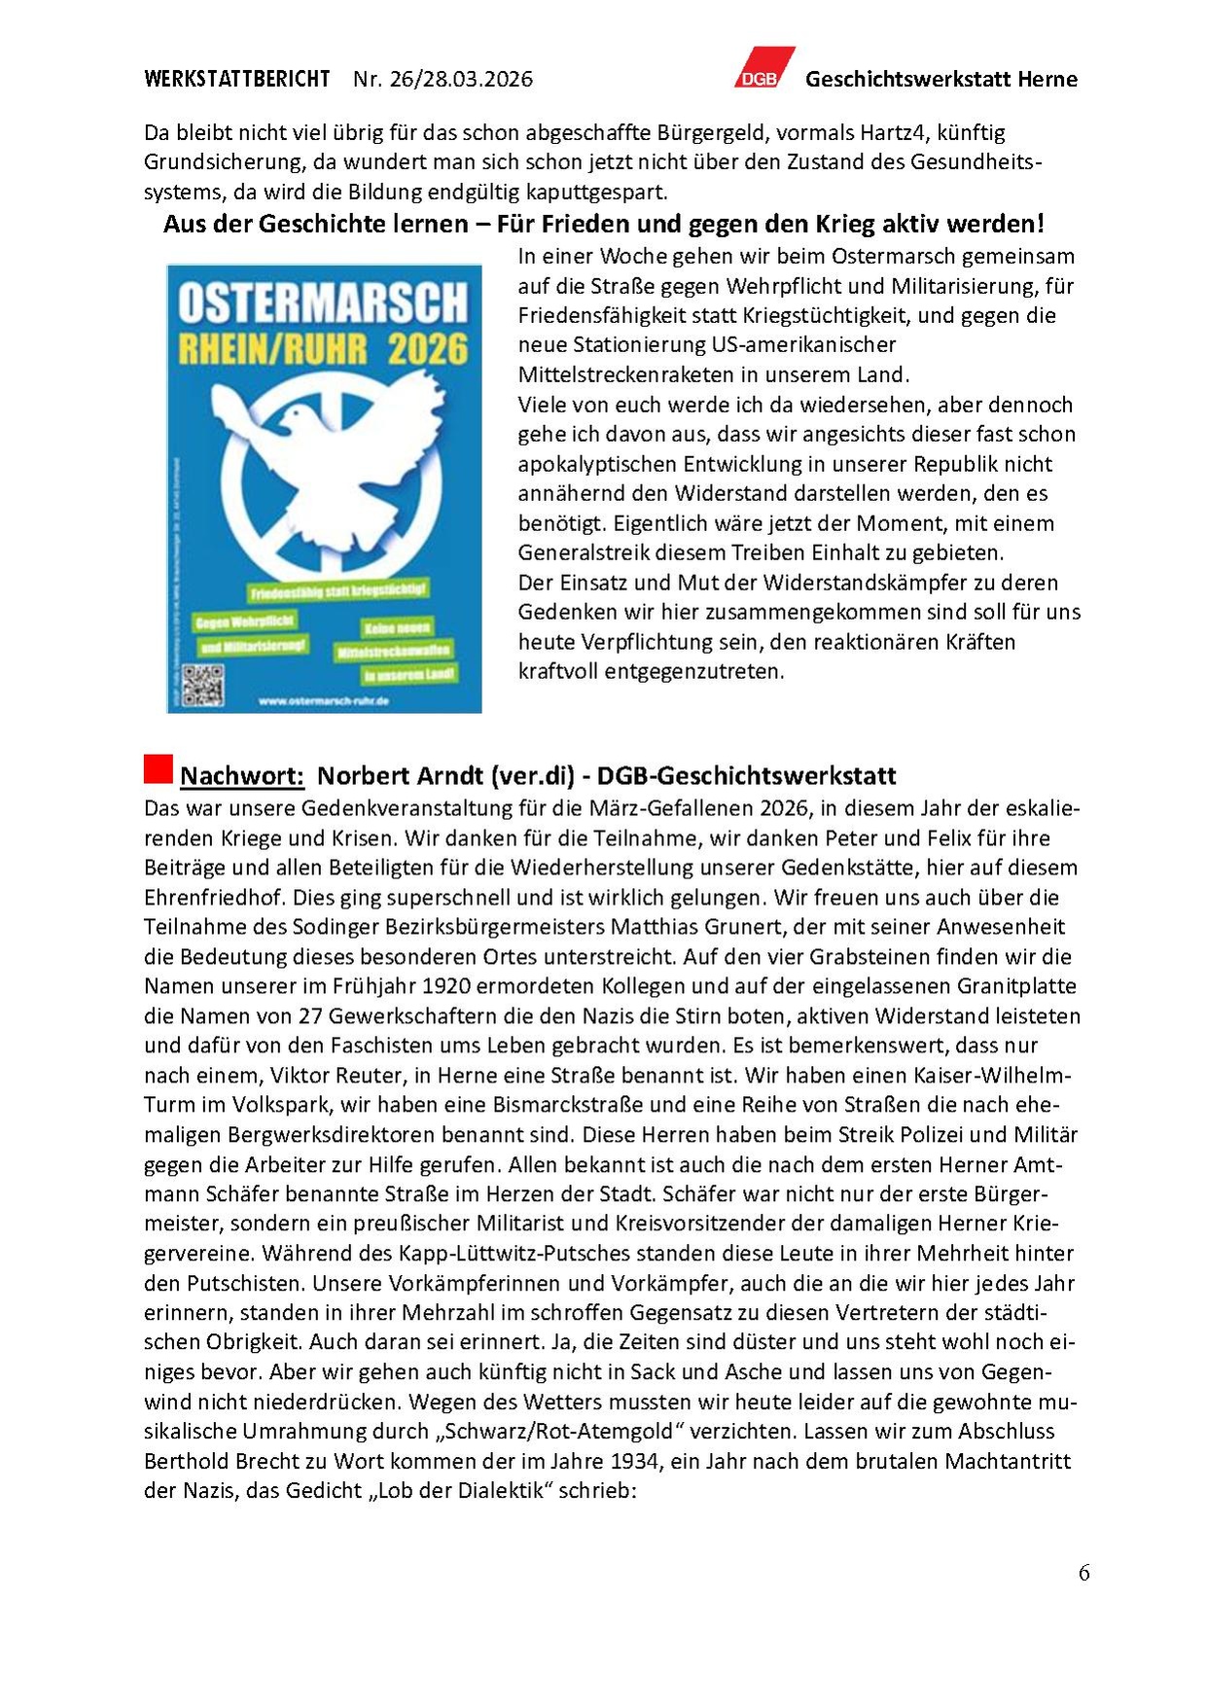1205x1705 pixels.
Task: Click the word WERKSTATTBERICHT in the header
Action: [237, 79]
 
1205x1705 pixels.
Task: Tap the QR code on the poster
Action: [202, 684]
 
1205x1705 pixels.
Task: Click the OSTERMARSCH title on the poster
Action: [323, 304]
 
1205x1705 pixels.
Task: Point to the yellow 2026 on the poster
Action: [428, 348]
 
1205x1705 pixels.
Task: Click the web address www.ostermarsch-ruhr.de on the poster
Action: [325, 700]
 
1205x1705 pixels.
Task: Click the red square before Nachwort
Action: [158, 768]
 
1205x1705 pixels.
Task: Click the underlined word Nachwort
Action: [242, 776]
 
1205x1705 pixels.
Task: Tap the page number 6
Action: [1083, 1573]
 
